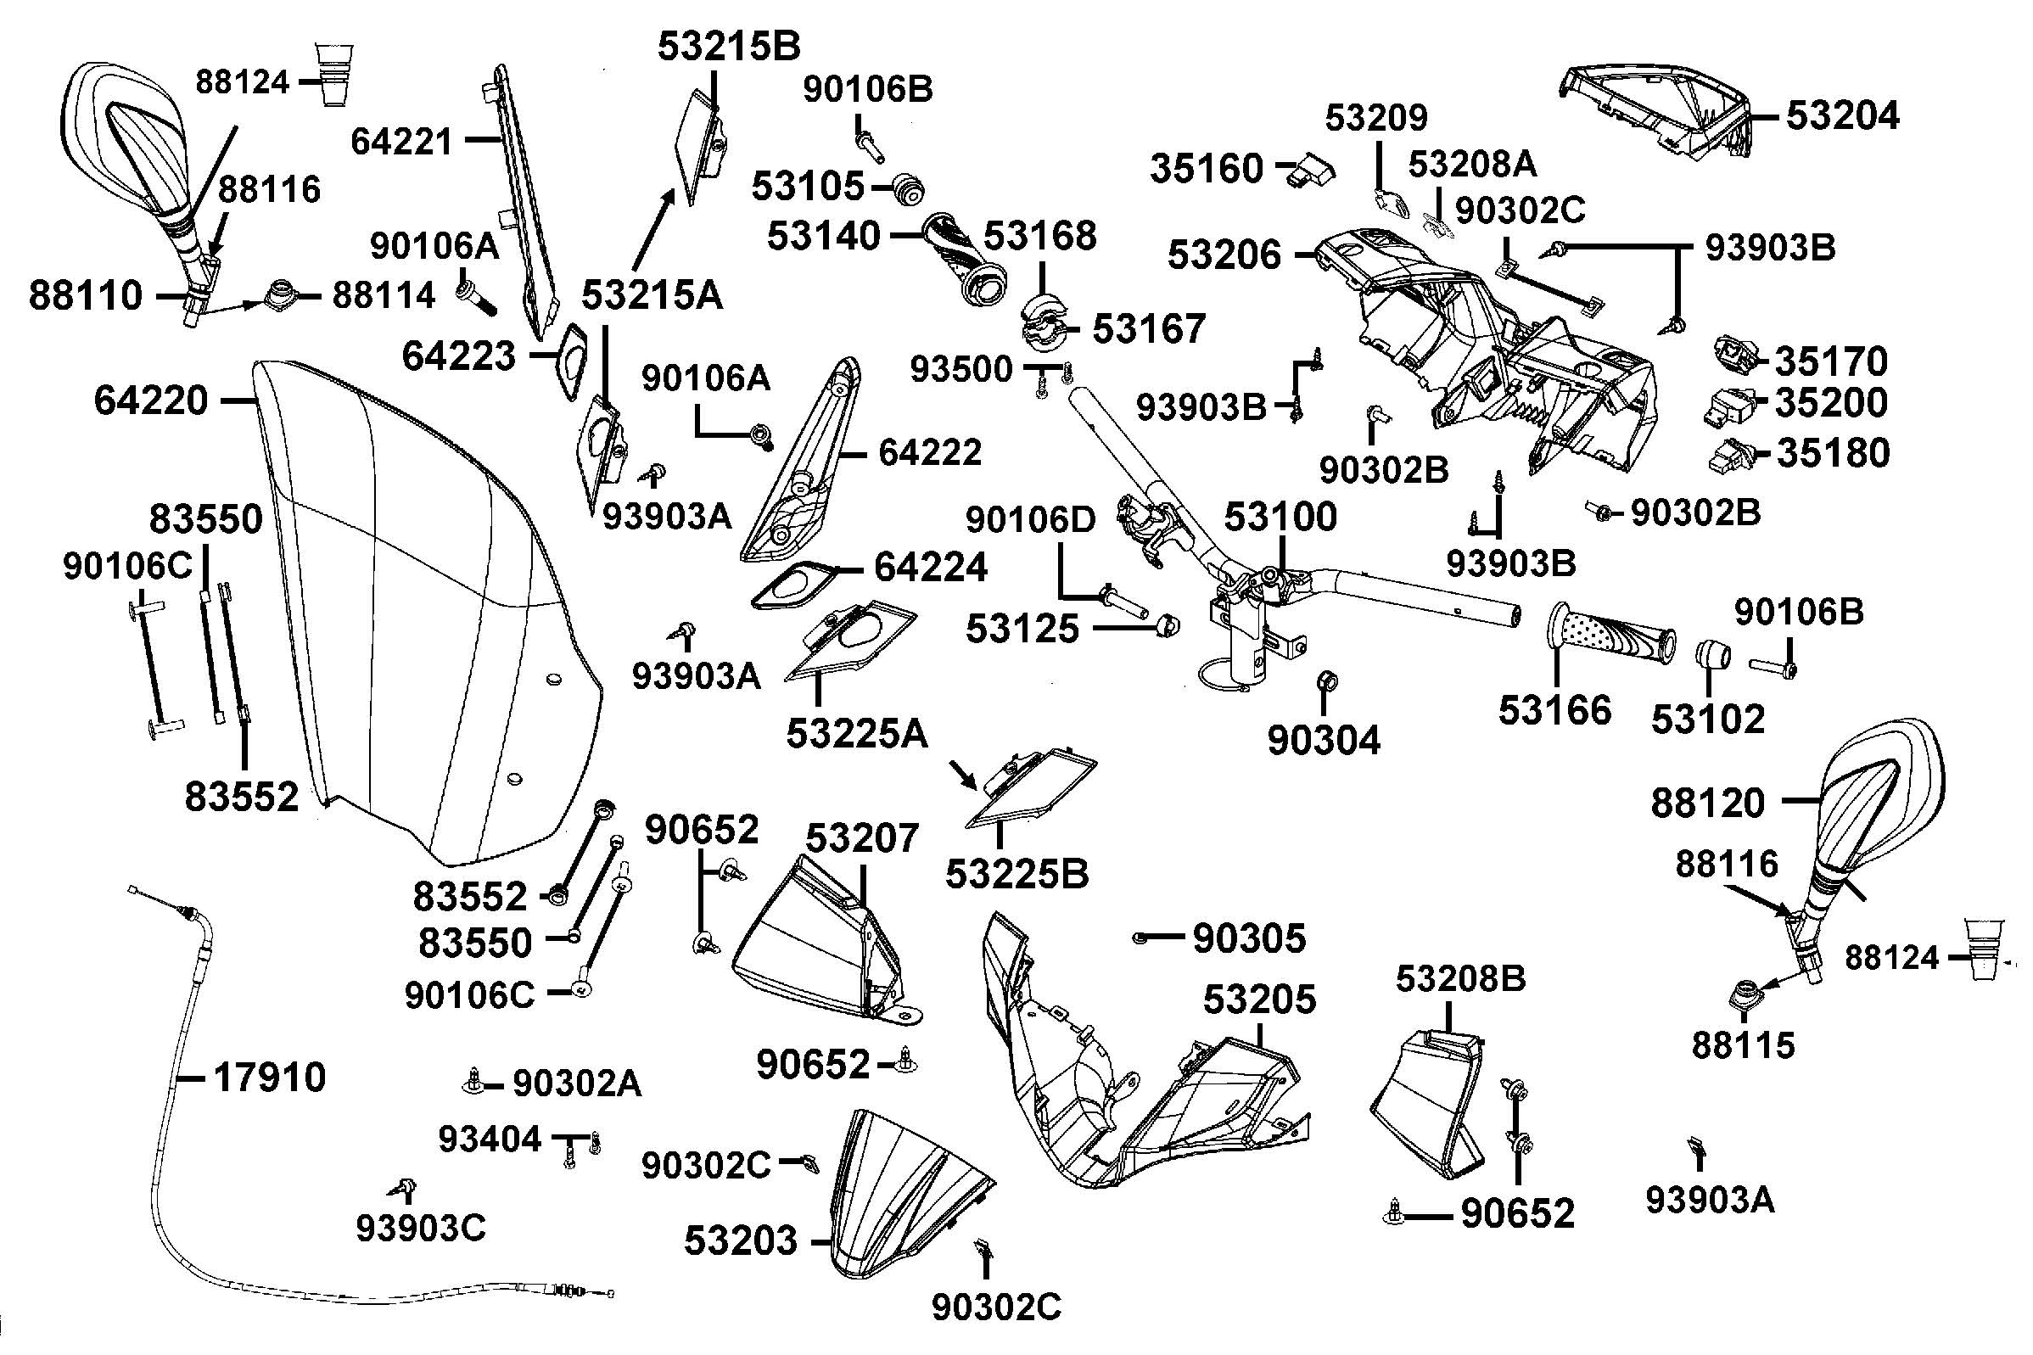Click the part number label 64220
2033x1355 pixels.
point(151,401)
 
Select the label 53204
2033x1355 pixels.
point(1842,115)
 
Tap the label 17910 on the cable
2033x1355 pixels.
point(269,1078)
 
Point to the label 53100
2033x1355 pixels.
point(1280,516)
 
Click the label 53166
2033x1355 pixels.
point(1554,710)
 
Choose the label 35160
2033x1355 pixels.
point(1207,169)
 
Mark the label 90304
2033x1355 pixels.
point(1324,740)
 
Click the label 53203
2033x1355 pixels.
point(741,1241)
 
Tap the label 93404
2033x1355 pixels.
point(489,1139)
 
